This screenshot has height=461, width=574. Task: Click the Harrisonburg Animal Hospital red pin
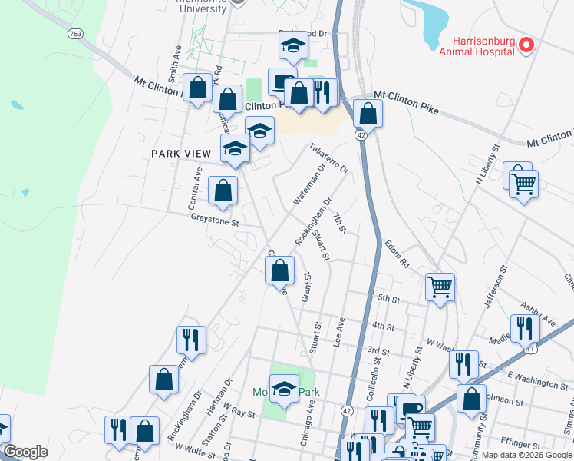pos(526,46)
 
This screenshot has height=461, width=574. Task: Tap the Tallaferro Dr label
pos(328,158)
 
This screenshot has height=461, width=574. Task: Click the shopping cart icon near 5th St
pos(440,287)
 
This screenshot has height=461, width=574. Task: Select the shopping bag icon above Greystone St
pos(223,190)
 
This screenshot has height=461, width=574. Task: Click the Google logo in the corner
pos(25,452)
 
